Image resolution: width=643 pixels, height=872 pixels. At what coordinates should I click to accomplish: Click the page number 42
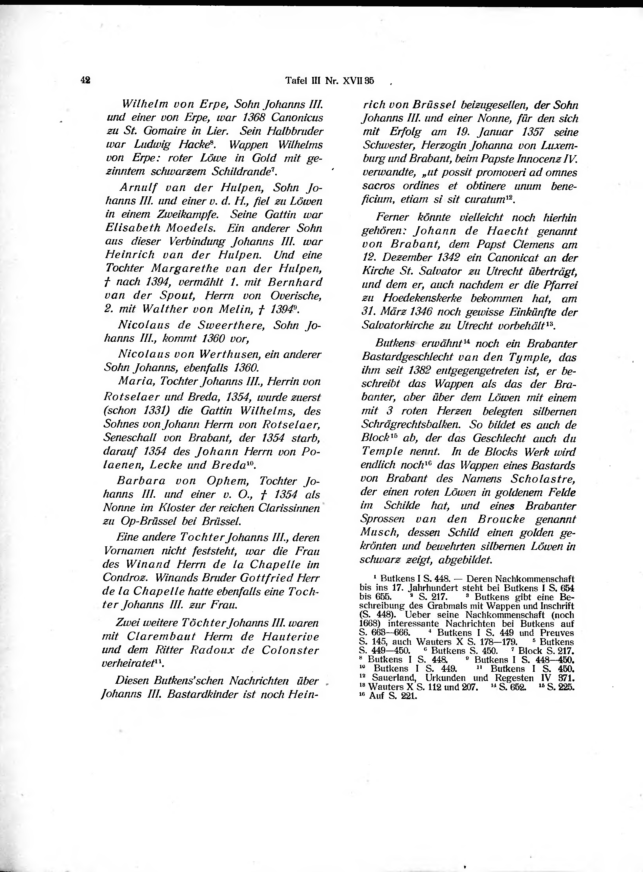(x=85, y=80)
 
